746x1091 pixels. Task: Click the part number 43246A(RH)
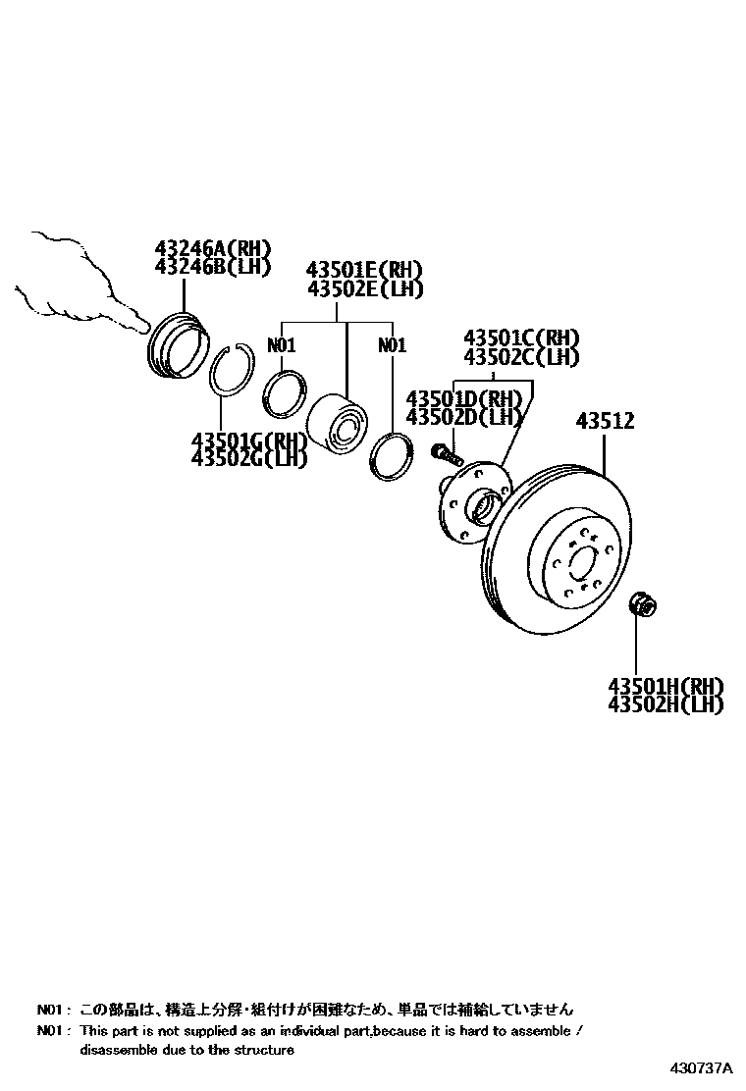coord(211,249)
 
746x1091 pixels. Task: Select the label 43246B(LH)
coord(211,268)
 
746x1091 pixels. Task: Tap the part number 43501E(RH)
coord(364,270)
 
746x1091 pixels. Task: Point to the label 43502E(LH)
coord(364,289)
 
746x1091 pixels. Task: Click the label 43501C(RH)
coord(521,338)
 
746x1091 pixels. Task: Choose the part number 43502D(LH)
coord(462,417)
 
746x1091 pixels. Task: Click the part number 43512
coord(605,422)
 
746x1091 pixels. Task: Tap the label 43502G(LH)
coord(249,457)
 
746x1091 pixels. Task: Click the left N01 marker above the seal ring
coord(282,345)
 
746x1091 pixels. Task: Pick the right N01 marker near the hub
coord(392,345)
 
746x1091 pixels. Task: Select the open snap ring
coord(235,370)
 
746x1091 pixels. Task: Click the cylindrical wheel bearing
coord(336,424)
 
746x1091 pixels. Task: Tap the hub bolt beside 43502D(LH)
coord(446,455)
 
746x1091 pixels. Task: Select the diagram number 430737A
coord(702,1067)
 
